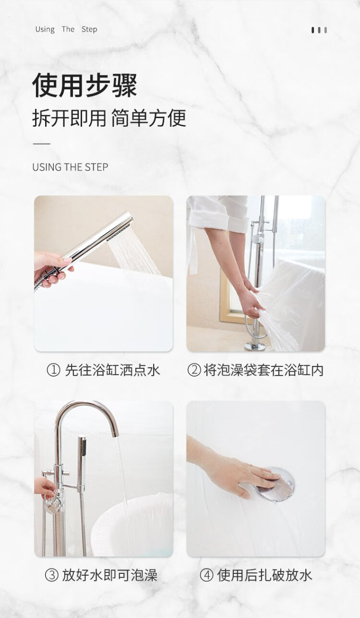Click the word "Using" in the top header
pyautogui.click(x=45, y=29)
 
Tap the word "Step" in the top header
pyautogui.click(x=89, y=29)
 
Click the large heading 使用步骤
pyautogui.click(x=85, y=85)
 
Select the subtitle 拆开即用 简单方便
pyautogui.click(x=109, y=118)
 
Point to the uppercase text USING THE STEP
pyautogui.click(x=70, y=167)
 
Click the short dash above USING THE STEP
pyautogui.click(x=41, y=144)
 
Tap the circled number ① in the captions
pyautogui.click(x=53, y=370)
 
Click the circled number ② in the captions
pyautogui.click(x=194, y=370)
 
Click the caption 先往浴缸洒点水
pyautogui.click(x=112, y=370)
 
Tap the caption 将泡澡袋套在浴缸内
pyautogui.click(x=264, y=370)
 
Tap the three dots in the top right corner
pyautogui.click(x=319, y=30)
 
